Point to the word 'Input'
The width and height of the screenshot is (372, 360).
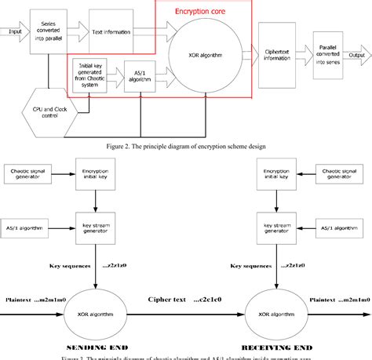(x=13, y=32)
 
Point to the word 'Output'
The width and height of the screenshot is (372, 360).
(x=357, y=54)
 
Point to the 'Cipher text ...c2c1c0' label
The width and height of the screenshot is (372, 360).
(x=185, y=300)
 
